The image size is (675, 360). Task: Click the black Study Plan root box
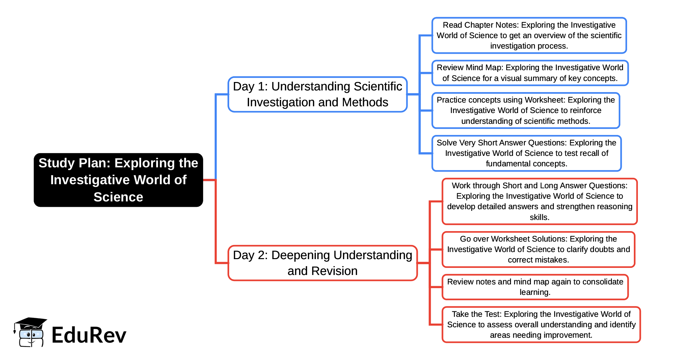pos(118,180)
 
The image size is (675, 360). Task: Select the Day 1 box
pos(317,94)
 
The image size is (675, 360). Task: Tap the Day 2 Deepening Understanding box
pos(322,263)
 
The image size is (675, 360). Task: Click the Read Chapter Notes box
pos(529,35)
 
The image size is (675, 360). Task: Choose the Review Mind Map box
pos(530,73)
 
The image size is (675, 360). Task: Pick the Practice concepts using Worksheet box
pos(525,110)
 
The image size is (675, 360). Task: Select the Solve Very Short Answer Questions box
pos(526,153)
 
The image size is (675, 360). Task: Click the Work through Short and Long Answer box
pos(539,201)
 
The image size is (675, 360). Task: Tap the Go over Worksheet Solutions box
pos(538,249)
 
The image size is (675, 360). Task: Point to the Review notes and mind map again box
pos(535,287)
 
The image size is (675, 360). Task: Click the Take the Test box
pos(541,325)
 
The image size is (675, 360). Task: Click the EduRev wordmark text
pos(89,335)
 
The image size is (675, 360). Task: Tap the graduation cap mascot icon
pos(30,332)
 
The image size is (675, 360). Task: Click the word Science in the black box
pos(118,197)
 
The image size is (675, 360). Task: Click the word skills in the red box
pos(539,217)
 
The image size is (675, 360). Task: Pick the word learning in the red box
pos(535,292)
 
